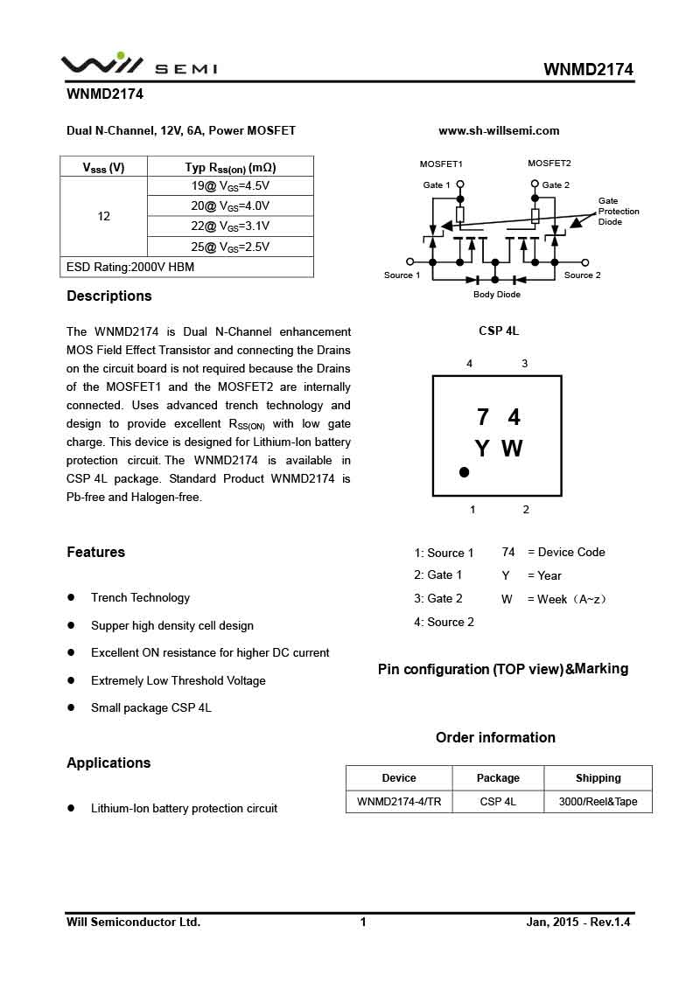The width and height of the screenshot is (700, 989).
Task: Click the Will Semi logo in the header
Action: (x=138, y=65)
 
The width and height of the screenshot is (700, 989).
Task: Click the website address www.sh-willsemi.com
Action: (x=499, y=131)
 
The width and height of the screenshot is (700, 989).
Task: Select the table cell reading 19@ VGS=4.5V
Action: (x=230, y=186)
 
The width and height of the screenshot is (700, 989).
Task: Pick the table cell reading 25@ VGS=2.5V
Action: (x=230, y=247)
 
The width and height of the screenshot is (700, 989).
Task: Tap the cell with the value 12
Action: (x=104, y=216)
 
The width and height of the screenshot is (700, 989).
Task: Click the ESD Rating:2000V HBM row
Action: (x=186, y=268)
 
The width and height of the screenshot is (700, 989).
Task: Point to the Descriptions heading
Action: (x=109, y=296)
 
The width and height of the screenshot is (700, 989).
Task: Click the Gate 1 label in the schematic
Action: (x=437, y=185)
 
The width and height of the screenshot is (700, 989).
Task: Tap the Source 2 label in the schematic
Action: (x=582, y=275)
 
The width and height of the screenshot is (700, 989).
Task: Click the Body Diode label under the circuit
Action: (x=496, y=295)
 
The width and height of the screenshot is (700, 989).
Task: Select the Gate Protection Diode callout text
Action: (x=619, y=212)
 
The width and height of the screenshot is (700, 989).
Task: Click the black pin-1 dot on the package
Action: (x=464, y=472)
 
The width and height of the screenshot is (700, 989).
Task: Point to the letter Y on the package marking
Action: (x=482, y=449)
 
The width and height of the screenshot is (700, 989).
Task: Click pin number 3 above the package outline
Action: (x=524, y=364)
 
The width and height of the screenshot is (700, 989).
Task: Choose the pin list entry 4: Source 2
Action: (x=444, y=622)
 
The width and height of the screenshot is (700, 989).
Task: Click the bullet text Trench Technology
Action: (x=140, y=598)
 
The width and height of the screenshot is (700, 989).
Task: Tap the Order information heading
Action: (x=495, y=737)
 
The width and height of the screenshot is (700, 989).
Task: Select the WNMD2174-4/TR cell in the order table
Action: (x=399, y=802)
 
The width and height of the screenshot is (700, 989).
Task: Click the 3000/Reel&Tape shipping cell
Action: (x=598, y=802)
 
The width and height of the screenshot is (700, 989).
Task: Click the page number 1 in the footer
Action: (x=363, y=922)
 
